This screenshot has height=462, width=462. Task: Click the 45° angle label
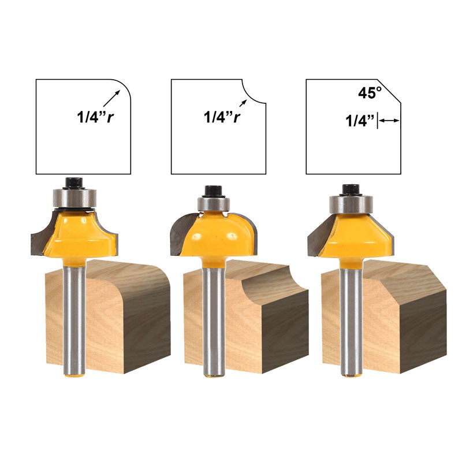click(x=370, y=93)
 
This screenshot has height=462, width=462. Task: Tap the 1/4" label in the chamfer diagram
click(x=360, y=121)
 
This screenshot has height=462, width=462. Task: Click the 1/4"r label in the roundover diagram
click(x=95, y=117)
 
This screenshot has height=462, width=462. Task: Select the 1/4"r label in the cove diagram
click(x=222, y=117)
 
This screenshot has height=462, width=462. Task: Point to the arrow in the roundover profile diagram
click(x=111, y=98)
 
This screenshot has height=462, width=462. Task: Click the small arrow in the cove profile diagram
click(x=243, y=103)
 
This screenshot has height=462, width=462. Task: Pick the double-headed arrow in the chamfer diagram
click(x=389, y=120)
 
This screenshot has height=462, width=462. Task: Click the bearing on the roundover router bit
click(x=74, y=198)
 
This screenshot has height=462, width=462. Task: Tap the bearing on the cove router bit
click(x=213, y=203)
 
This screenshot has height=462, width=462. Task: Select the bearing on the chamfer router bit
click(x=351, y=204)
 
